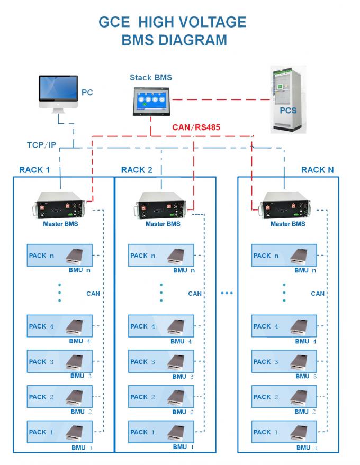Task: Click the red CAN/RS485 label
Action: (196, 127)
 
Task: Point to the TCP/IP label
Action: (42, 144)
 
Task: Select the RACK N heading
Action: (318, 170)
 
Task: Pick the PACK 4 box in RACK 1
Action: (59, 326)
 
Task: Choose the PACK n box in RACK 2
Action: (161, 256)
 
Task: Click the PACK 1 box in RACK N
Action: (284, 432)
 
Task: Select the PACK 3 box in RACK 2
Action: (161, 362)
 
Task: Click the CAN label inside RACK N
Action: (318, 294)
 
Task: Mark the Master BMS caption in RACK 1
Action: (59, 224)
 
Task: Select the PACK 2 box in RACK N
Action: (284, 397)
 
